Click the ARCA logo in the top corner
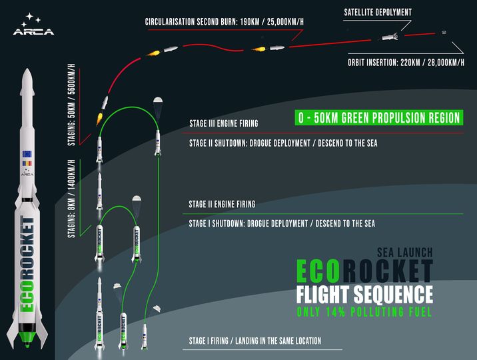[x=33, y=24]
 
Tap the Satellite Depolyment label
[x=378, y=13]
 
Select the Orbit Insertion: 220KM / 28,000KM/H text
[x=406, y=63]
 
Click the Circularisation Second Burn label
[x=225, y=22]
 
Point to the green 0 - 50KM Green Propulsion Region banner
[x=379, y=117]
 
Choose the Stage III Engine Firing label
[x=224, y=123]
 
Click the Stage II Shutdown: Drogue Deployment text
[x=283, y=143]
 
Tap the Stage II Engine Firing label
[x=222, y=204]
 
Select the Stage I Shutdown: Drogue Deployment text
[x=282, y=224]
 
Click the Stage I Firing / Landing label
[x=255, y=341]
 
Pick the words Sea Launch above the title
[x=405, y=252]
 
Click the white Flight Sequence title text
[x=364, y=294]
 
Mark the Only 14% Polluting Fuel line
[x=364, y=312]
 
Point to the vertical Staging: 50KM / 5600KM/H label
[x=72, y=105]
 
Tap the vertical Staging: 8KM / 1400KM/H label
[x=71, y=199]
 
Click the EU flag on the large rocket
[x=27, y=154]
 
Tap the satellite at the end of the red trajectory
[x=444, y=32]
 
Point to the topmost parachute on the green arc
[x=158, y=100]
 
